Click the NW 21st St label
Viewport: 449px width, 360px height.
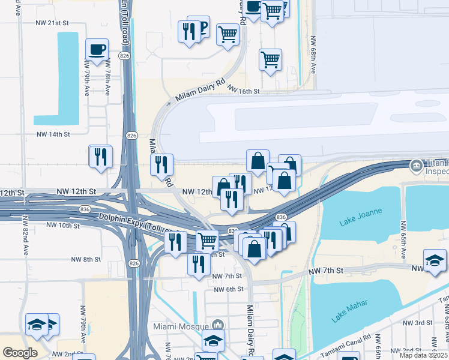tap(53, 23)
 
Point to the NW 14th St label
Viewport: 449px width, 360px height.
tap(53, 134)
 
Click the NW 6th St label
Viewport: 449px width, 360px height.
tap(229, 289)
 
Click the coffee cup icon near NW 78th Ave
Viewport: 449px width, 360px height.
tap(96, 49)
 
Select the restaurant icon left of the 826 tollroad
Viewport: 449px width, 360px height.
tap(100, 157)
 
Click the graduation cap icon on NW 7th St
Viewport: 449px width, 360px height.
tap(435, 260)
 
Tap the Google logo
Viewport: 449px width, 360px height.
tap(20, 353)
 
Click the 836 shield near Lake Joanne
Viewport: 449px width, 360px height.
tap(280, 217)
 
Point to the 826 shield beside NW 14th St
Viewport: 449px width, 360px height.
tap(131, 136)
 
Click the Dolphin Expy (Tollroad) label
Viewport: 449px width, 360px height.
tap(139, 224)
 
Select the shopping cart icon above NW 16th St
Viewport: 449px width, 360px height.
tap(271, 59)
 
